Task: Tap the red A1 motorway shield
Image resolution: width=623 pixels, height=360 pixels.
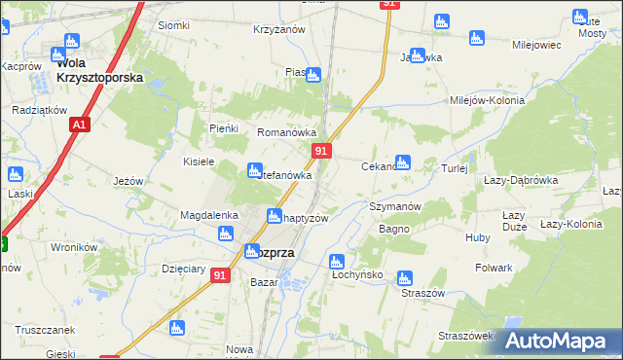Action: (x=80, y=126)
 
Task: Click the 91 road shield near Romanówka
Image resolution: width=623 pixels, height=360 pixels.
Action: (x=322, y=151)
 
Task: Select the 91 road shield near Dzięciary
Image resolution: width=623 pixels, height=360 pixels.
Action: (x=221, y=275)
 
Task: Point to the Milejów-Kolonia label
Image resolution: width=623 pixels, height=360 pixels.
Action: (x=487, y=100)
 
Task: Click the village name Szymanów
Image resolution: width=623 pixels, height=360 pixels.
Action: (x=394, y=207)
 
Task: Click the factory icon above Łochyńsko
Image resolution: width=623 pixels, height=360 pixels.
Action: (x=336, y=261)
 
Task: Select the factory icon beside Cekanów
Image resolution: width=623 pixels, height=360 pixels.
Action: (x=402, y=162)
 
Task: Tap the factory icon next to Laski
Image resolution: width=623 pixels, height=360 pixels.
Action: (x=15, y=175)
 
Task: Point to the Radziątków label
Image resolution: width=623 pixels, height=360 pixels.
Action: (x=38, y=111)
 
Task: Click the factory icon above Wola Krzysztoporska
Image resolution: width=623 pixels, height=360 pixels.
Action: (x=70, y=41)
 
